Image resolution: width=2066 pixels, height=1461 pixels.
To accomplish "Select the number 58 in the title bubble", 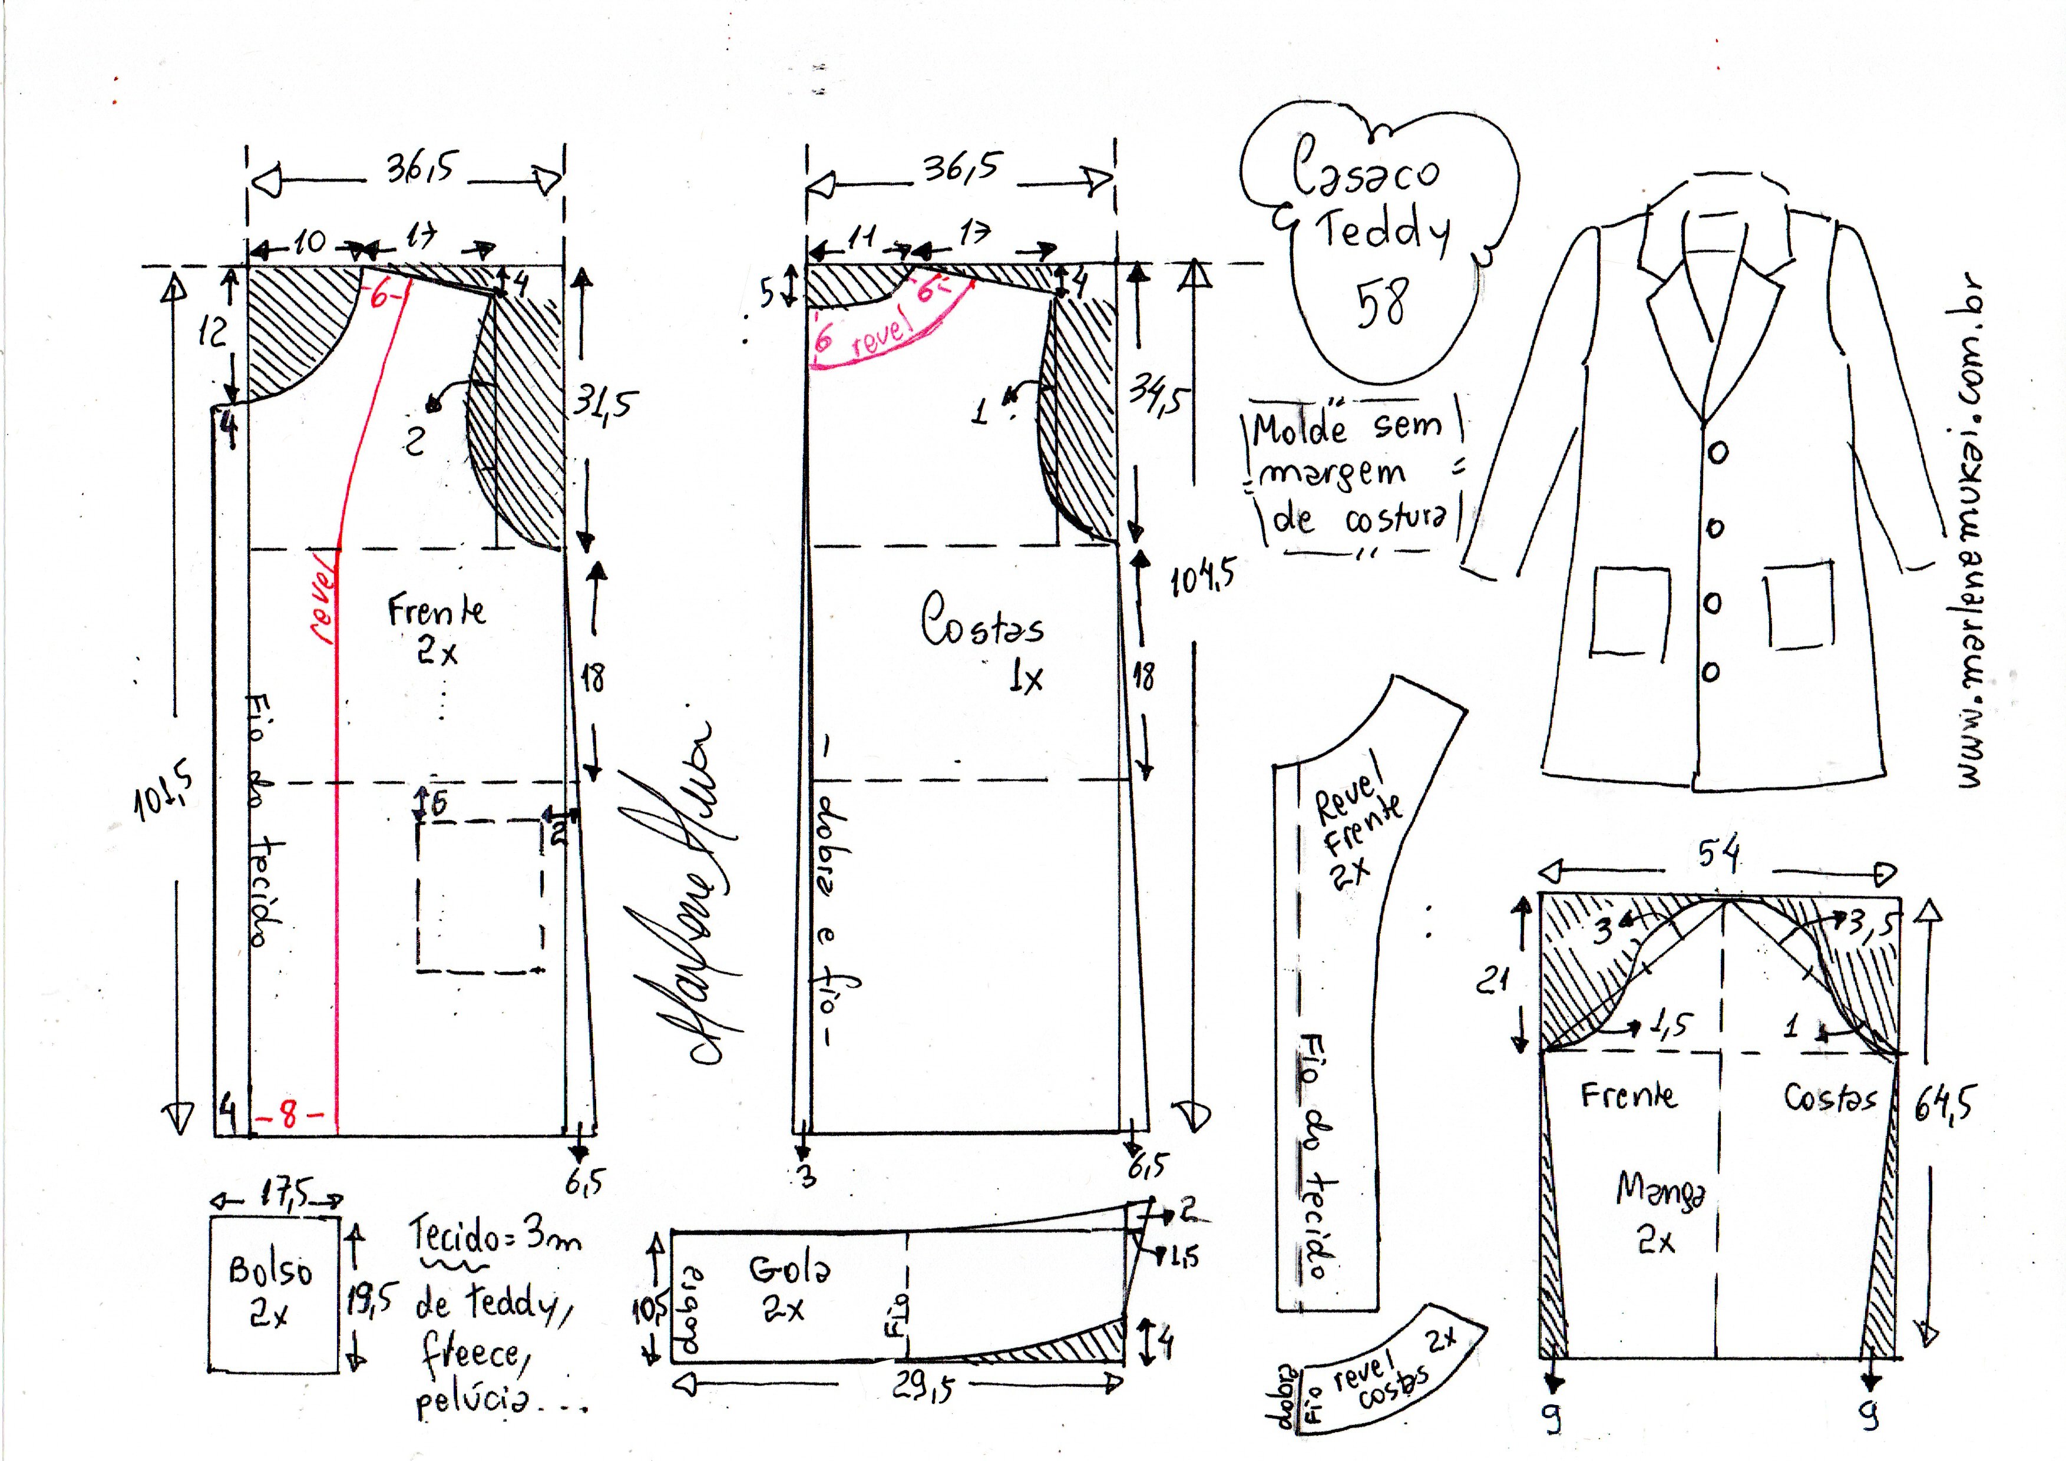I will click(x=1382, y=302).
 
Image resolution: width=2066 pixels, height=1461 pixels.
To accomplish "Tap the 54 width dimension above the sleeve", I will click(x=1718, y=855).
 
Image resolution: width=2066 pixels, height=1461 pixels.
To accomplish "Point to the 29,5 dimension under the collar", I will click(x=924, y=1386).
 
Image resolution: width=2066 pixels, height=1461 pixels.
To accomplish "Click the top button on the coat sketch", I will click(x=1717, y=454).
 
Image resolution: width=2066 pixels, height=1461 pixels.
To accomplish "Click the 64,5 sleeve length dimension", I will click(x=1941, y=1105).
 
